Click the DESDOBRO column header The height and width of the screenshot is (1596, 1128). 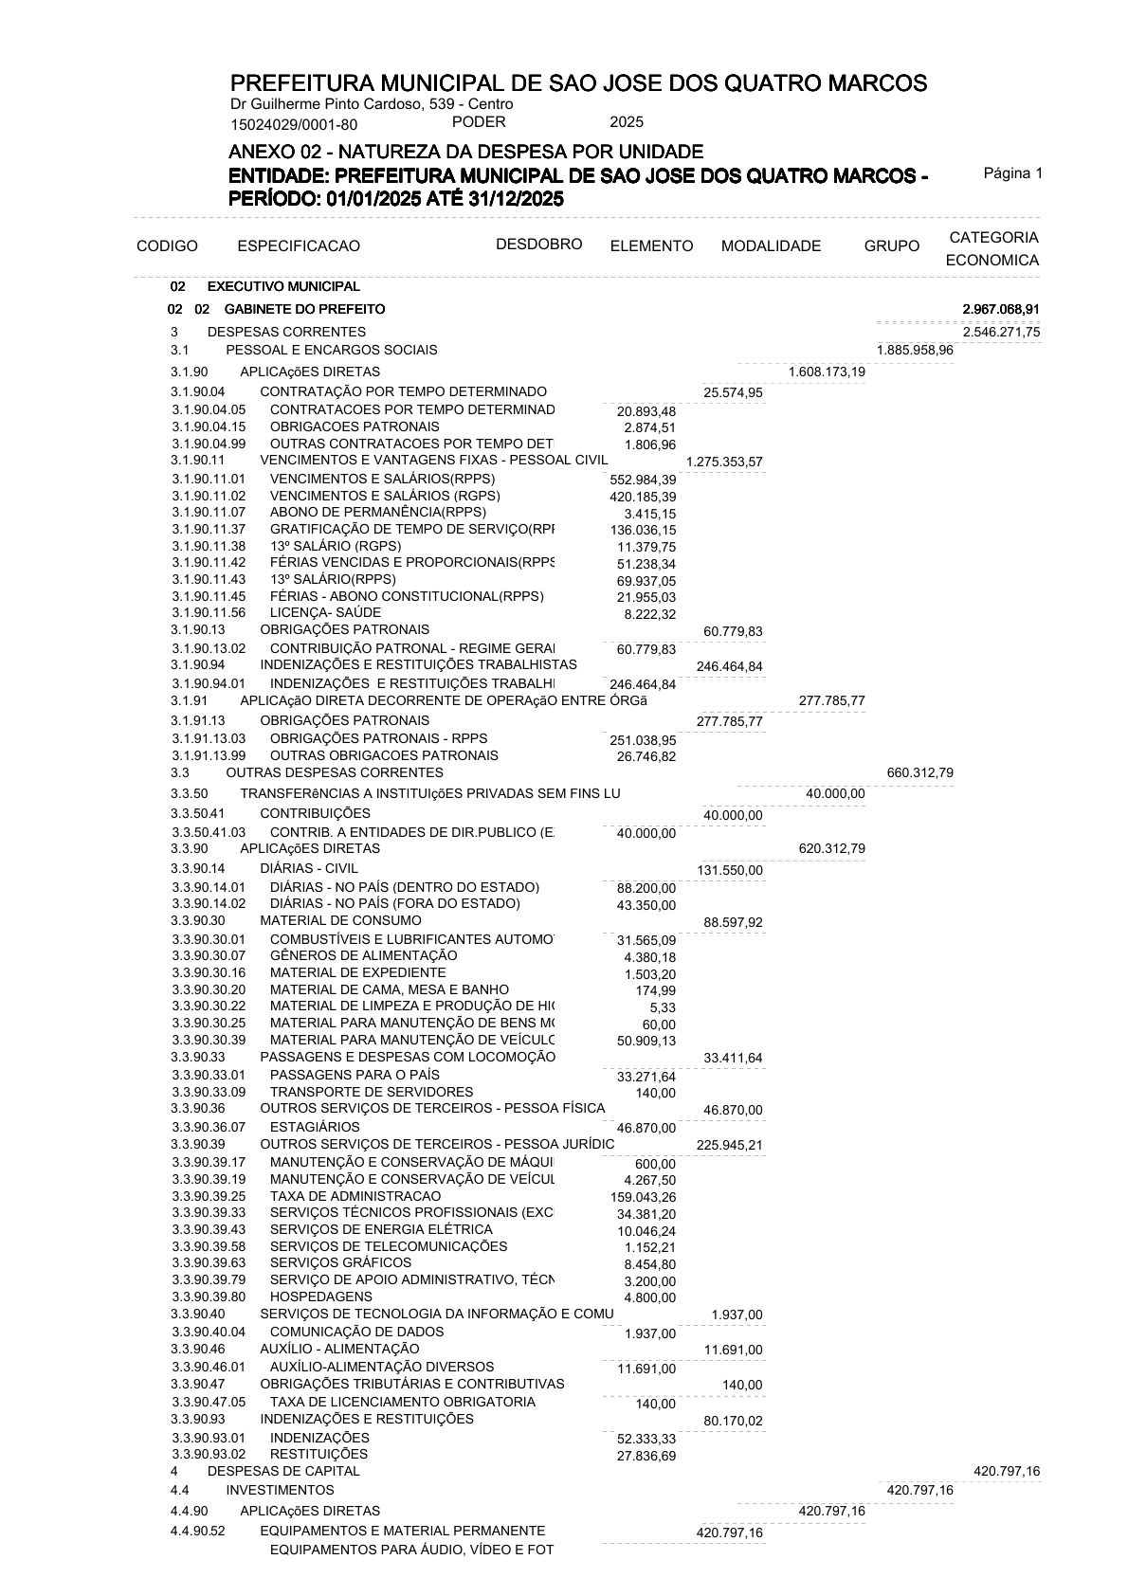[538, 245]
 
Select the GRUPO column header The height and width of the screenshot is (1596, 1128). [891, 246]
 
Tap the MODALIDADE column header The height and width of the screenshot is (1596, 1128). [771, 246]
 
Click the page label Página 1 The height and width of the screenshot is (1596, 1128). [1012, 173]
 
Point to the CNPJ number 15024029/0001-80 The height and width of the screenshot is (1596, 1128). [294, 124]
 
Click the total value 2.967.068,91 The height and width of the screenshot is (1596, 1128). [1001, 310]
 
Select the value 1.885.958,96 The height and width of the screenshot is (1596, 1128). [915, 351]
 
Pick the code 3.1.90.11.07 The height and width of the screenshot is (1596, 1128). [209, 513]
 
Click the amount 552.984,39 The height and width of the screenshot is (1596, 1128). [643, 481]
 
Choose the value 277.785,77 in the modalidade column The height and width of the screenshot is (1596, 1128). [831, 702]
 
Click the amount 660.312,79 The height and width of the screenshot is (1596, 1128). [919, 773]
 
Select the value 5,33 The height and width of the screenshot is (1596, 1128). [663, 1008]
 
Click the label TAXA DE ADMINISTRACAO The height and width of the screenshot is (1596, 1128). [355, 1196]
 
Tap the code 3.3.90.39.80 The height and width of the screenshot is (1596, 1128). [209, 1297]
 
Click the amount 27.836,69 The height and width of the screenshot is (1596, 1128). [646, 1456]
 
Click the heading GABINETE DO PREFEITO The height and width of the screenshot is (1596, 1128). [304, 310]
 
